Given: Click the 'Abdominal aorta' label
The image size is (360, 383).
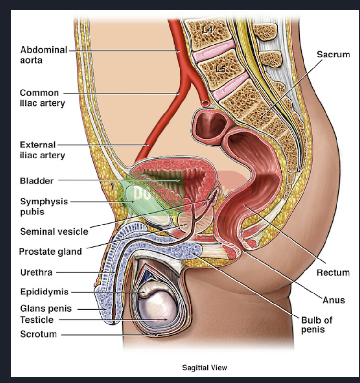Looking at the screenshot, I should point(43,55).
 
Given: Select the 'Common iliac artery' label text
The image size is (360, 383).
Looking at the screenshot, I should point(42,98).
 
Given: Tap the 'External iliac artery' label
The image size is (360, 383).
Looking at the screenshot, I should point(42,149).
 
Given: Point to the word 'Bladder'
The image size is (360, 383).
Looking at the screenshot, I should point(36,181).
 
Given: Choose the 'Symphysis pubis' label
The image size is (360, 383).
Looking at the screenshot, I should point(44,207).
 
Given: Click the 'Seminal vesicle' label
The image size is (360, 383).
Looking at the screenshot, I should point(54,232).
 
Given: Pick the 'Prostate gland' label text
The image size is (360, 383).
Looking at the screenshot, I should point(50,251).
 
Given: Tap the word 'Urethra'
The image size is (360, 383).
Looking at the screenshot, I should point(36,273).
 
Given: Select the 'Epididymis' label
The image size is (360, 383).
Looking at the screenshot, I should point(44,292).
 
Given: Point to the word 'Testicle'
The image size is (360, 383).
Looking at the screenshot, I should point(36,320).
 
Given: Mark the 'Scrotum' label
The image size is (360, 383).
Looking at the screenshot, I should point(38,334).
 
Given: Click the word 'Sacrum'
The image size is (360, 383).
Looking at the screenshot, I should point(333,55).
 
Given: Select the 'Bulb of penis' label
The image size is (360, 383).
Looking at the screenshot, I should point(316,325).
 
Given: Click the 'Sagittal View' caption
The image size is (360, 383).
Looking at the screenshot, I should point(204,368).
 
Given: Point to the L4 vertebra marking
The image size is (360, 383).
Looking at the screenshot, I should point(207,30).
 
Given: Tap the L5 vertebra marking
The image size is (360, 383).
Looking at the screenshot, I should point(220,69).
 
